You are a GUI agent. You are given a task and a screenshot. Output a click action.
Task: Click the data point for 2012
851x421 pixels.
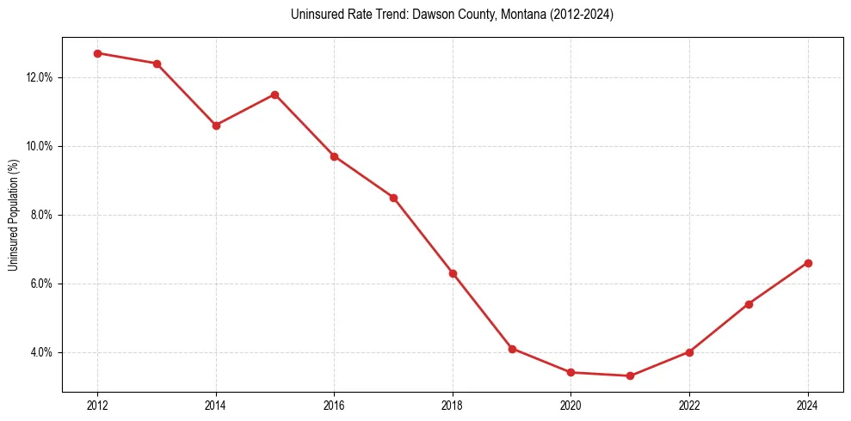point(97,53)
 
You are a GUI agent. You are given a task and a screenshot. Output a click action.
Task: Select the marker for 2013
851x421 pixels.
point(157,64)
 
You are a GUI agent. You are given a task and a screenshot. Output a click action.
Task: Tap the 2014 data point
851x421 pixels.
point(216,125)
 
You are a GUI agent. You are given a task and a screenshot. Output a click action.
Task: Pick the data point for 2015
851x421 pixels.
point(274,95)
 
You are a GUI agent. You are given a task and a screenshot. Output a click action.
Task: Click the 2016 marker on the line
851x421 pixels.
point(334,156)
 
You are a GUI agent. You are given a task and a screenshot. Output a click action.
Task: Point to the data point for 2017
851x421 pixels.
point(393,198)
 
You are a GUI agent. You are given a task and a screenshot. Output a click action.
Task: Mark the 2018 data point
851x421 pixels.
point(453,273)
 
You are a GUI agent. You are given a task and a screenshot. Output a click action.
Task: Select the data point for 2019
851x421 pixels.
point(512,349)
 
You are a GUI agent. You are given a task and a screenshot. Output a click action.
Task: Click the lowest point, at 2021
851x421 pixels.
point(631,375)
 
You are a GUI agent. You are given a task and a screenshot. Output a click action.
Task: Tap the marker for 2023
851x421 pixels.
point(749,304)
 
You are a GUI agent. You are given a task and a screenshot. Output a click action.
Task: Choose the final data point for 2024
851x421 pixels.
point(808,263)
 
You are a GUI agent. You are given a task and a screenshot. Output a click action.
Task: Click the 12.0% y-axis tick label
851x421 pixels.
point(40,77)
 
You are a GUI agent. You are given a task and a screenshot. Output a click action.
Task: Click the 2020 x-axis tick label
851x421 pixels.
point(571,406)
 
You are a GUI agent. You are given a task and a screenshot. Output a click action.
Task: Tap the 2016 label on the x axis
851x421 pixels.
point(334,406)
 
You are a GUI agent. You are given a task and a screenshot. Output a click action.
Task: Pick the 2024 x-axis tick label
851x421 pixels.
point(808,406)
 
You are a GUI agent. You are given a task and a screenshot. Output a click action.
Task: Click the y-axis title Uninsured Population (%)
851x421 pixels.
point(14,215)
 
